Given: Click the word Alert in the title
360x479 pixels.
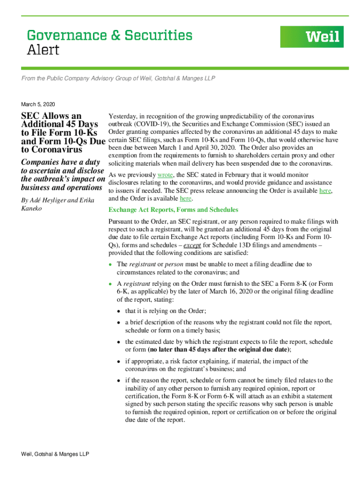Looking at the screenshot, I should pos(43,50).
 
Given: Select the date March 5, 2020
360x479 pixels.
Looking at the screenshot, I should pos(38,104).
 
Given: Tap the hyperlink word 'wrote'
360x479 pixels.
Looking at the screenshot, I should pos(165,174).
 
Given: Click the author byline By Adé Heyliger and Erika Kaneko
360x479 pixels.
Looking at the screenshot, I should pos(58,204).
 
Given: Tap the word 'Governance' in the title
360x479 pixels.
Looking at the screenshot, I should pos(60,35).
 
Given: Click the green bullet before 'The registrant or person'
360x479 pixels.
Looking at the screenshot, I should pos(110,264).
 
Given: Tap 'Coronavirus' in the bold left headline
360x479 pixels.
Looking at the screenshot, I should pos(51,150).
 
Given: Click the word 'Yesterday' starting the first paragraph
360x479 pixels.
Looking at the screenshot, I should pos(122,116).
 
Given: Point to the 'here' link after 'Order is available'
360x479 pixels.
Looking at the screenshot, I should pos(186,198).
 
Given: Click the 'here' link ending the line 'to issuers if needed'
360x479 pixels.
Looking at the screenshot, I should pos(325,191).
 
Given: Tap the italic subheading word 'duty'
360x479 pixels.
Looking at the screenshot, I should pos(93,162).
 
